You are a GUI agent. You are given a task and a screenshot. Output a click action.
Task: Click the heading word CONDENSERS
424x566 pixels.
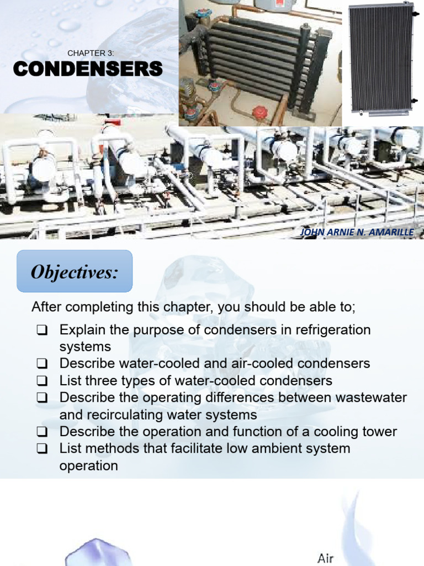pos(88,69)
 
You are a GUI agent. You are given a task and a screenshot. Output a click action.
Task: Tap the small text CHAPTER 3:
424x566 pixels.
pos(91,53)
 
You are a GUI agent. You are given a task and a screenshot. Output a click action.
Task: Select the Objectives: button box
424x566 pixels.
pos(75,271)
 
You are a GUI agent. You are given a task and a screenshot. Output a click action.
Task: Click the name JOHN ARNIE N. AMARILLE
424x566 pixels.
pos(356,232)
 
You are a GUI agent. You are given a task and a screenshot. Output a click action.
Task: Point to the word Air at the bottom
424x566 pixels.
pos(326,558)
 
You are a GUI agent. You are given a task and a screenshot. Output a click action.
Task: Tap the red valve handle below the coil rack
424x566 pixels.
pos(260,113)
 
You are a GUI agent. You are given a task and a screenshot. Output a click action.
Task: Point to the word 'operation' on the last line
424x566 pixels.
pos(88,465)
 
